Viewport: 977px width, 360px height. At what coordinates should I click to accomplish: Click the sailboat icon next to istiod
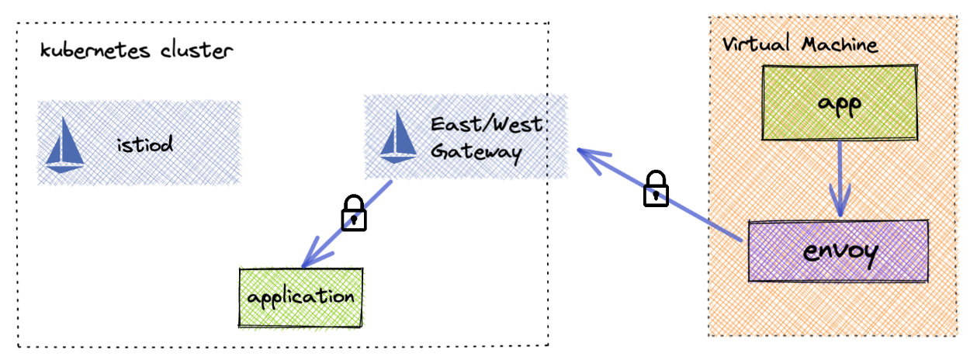tap(64, 144)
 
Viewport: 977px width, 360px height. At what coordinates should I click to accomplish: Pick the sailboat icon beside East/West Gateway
tap(399, 137)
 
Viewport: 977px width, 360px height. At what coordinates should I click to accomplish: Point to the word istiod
tap(145, 144)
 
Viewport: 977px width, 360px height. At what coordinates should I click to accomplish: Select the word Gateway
tap(476, 151)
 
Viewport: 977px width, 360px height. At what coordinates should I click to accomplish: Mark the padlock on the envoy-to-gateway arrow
tap(657, 189)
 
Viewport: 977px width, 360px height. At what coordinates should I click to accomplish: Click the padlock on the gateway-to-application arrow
tap(354, 213)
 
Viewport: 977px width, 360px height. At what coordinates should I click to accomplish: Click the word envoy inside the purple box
tap(838, 252)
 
